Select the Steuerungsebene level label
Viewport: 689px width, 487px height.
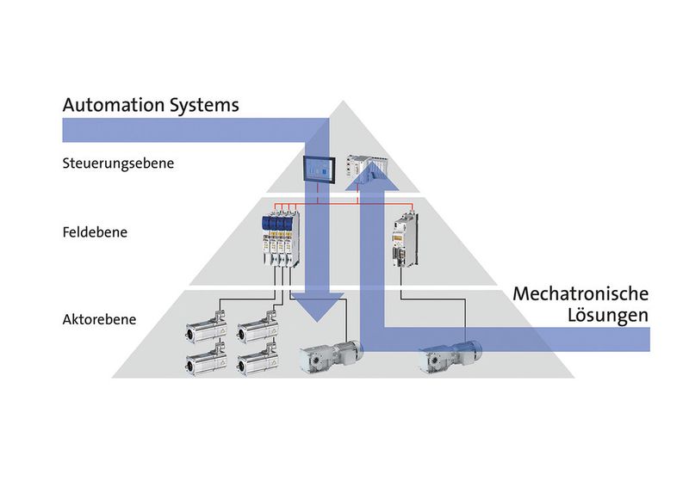point(119,163)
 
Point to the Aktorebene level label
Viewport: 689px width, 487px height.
point(98,319)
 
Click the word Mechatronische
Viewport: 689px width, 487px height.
point(580,293)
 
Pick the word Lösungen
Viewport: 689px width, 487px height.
point(608,316)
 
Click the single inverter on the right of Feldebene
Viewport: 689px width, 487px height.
point(403,241)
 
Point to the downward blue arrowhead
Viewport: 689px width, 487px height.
point(318,307)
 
